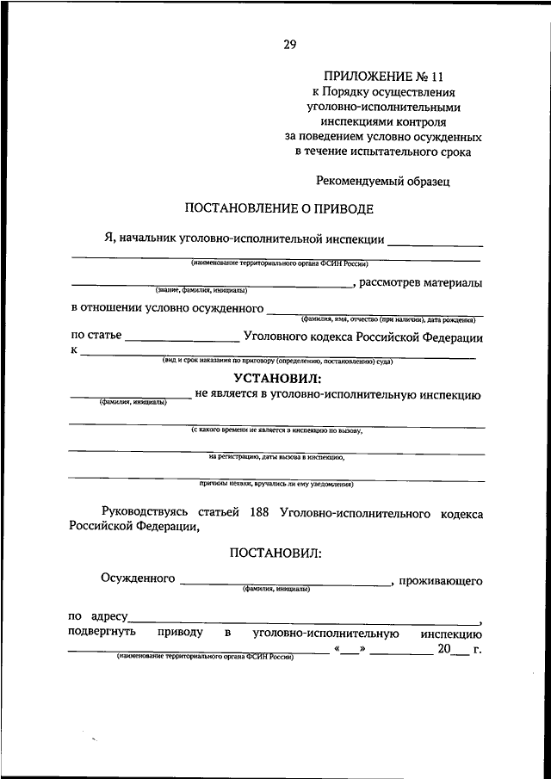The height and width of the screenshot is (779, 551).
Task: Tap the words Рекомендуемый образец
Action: tap(382, 182)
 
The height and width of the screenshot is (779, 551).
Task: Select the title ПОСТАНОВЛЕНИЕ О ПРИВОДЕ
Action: tap(280, 208)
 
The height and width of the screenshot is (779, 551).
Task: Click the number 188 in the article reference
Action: tap(257, 513)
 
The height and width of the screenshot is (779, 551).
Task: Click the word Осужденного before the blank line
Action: tap(138, 578)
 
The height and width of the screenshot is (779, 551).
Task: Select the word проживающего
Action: tap(440, 582)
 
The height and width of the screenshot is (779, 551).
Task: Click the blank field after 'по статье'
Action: tap(181, 339)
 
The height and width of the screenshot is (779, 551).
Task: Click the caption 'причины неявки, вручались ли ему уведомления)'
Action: tap(276, 483)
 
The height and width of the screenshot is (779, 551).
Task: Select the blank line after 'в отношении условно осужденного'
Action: tap(375, 312)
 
